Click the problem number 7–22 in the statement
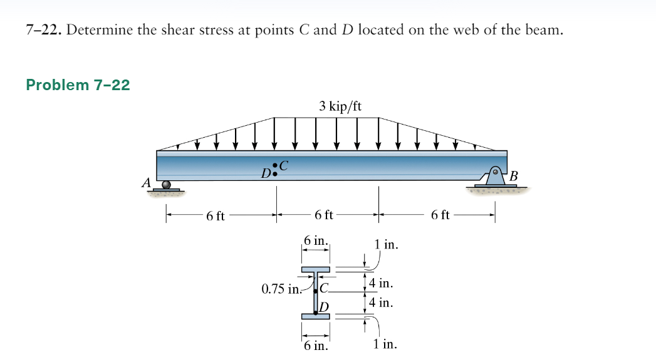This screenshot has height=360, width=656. (x=43, y=30)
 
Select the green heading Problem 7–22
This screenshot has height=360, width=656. (x=78, y=85)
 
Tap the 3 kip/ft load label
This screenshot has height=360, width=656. (x=340, y=106)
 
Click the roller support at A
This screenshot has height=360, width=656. (x=166, y=186)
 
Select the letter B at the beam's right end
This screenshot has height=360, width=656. (x=514, y=175)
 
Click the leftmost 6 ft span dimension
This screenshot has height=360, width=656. (x=216, y=216)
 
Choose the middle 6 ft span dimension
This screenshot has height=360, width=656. (x=324, y=215)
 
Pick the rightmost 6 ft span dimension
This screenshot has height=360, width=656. (x=440, y=215)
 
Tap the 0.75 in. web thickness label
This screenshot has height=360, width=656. (x=281, y=289)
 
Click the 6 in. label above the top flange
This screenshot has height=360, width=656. (x=315, y=241)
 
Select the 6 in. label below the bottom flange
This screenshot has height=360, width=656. (x=315, y=345)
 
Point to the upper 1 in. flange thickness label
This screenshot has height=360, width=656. (x=387, y=244)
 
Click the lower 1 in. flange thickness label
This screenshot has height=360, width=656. (x=383, y=344)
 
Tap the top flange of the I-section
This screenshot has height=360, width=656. (x=316, y=269)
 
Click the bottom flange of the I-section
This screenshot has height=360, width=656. (x=316, y=316)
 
